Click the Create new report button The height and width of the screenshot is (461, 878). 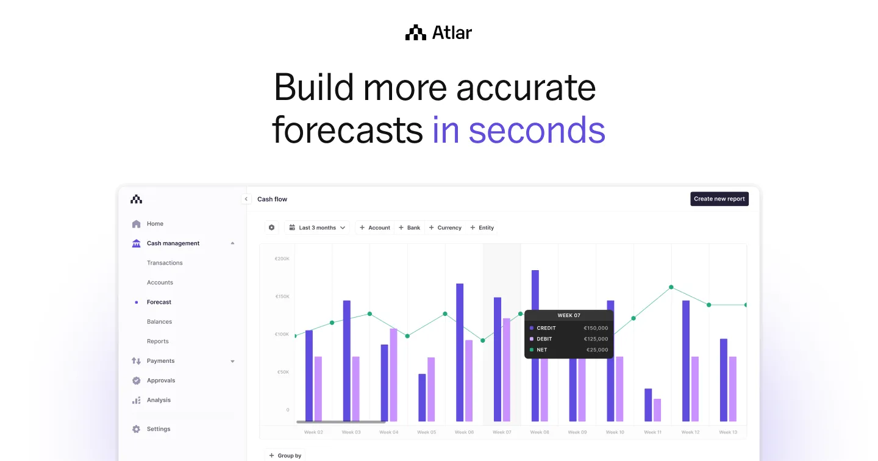click(719, 199)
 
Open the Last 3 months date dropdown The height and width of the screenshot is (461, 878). click(317, 227)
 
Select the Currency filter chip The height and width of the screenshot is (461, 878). click(445, 227)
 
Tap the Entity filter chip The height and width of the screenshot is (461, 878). click(482, 227)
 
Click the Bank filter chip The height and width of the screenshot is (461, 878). click(409, 227)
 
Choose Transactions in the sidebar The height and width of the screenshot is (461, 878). click(165, 263)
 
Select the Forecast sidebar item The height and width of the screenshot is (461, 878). click(159, 302)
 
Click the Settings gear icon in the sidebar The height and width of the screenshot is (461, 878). click(136, 429)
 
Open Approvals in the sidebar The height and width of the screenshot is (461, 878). click(161, 381)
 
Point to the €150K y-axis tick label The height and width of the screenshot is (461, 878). click(282, 296)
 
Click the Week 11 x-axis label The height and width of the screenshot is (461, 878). click(652, 432)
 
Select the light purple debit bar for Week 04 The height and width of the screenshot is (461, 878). click(393, 374)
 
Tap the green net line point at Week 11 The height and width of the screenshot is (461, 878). click(671, 287)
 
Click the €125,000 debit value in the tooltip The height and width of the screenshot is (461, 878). click(596, 339)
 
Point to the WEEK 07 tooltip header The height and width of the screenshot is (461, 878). click(569, 315)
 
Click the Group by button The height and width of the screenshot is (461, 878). click(285, 456)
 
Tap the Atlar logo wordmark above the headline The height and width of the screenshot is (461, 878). click(439, 33)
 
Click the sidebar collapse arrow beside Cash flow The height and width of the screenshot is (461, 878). click(246, 199)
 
